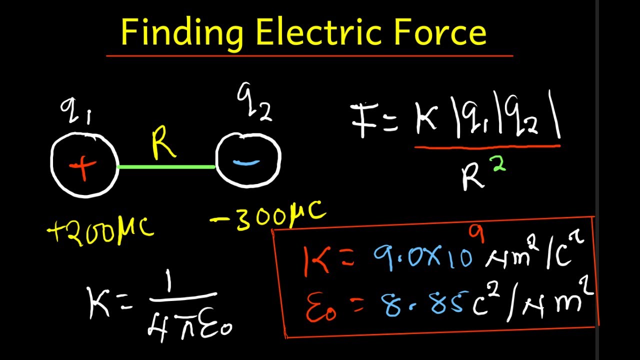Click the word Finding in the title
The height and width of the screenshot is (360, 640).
(182, 33)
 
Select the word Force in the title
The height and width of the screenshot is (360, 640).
(440, 31)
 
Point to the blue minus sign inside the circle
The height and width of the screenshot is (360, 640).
(246, 162)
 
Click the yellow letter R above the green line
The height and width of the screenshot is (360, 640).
(163, 142)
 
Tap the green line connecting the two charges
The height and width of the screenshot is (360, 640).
(166, 167)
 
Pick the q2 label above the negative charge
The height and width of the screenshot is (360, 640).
(254, 101)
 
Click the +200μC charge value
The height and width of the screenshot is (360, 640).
(100, 231)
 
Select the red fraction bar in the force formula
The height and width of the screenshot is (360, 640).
(487, 147)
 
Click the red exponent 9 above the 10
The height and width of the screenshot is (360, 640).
(476, 233)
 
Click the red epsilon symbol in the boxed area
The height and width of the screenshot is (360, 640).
(321, 308)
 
